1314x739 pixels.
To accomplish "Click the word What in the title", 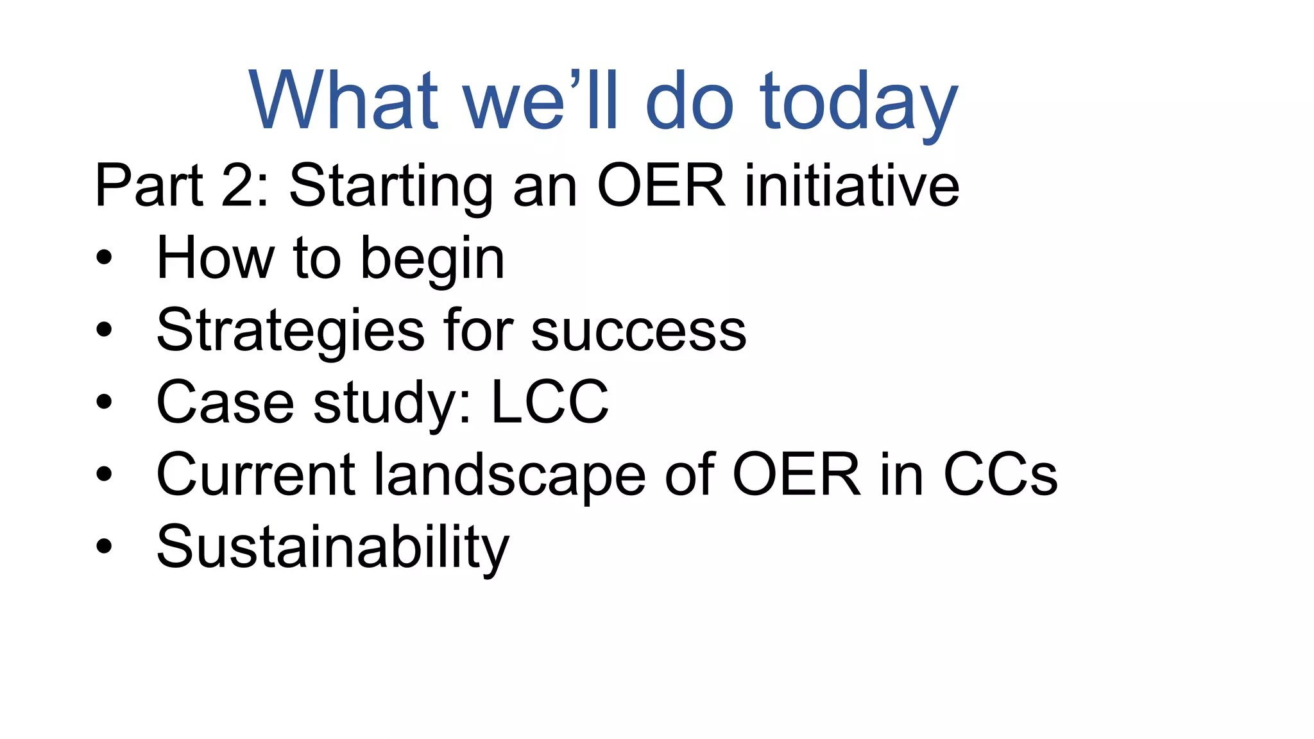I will [x=343, y=101].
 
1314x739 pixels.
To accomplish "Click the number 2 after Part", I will [x=238, y=185].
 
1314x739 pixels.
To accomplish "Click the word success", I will [x=638, y=331].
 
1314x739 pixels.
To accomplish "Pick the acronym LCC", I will [x=549, y=402].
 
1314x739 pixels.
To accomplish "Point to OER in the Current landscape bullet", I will [x=796, y=475].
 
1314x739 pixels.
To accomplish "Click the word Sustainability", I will [x=332, y=547].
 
